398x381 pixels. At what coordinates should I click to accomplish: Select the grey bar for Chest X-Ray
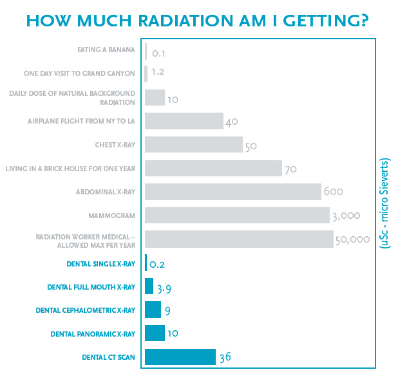193,145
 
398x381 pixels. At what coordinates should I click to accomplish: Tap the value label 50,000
352,239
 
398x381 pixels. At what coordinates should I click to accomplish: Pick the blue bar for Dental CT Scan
180,357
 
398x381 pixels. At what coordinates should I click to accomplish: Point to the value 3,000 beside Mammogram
346,216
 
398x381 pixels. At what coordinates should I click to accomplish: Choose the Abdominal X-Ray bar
232,192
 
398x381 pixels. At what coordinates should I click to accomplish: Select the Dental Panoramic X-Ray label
93,334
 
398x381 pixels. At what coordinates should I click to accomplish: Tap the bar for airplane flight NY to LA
184,121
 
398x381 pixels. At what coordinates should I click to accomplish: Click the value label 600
333,192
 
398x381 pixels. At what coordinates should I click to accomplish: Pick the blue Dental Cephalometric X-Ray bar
153,310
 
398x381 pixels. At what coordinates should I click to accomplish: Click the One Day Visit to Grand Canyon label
79,73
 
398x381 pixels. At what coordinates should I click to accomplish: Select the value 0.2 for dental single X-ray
156,264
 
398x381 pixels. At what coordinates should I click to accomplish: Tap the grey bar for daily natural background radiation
155,97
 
